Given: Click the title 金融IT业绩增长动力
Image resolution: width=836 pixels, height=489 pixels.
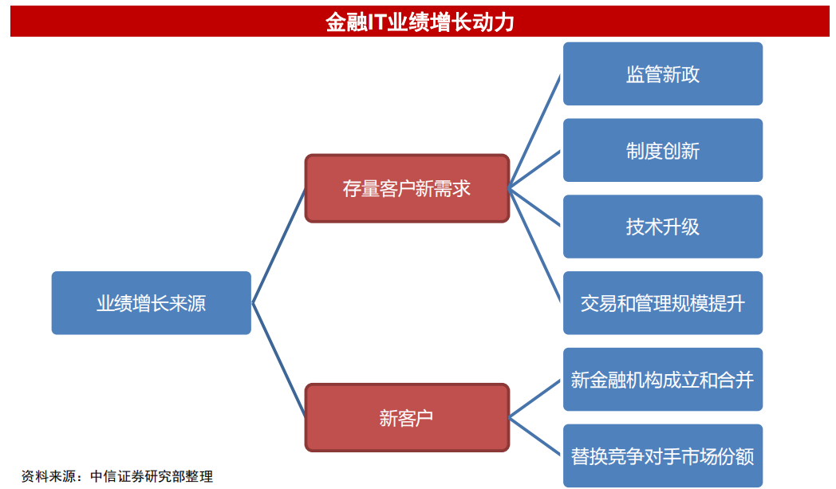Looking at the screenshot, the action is (420, 22).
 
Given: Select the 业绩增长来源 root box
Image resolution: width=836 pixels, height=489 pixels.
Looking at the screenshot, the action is (152, 303).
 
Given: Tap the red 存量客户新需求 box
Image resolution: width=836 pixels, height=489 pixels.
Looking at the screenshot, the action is (407, 188).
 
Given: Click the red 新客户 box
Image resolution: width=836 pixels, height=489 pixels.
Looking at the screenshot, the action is (407, 417).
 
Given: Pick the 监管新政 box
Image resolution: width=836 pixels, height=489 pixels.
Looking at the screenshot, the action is (663, 73).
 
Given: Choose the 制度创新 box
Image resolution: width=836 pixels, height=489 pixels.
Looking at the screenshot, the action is (663, 151).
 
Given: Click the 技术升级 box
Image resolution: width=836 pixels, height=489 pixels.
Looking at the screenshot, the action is (663, 227).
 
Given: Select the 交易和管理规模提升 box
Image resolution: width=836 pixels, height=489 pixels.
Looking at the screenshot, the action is (663, 303).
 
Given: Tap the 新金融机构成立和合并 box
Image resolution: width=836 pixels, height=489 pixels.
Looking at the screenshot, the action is (663, 379).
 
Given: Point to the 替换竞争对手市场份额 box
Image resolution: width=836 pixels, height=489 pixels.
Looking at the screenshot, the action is (663, 455).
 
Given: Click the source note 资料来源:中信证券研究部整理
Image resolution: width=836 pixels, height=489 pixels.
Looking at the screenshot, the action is (116, 475).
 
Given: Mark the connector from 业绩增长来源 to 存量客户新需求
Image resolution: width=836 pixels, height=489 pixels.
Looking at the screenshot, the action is (278, 246).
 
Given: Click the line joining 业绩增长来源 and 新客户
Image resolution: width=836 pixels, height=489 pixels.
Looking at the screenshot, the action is (278, 360).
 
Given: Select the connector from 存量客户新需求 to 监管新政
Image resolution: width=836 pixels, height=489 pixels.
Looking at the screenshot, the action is (534, 131).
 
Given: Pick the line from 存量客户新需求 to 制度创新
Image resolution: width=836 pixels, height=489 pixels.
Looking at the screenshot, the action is (534, 170).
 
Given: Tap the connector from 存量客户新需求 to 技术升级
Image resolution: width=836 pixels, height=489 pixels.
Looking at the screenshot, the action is (534, 207).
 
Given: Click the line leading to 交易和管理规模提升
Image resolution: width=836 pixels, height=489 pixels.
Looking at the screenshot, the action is (534, 246).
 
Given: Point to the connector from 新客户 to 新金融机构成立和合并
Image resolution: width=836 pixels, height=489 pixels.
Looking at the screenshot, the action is (534, 398).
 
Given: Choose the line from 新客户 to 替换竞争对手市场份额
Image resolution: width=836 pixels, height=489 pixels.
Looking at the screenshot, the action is (534, 436).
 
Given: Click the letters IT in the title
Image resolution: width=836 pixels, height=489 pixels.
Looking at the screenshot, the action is (377, 22).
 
